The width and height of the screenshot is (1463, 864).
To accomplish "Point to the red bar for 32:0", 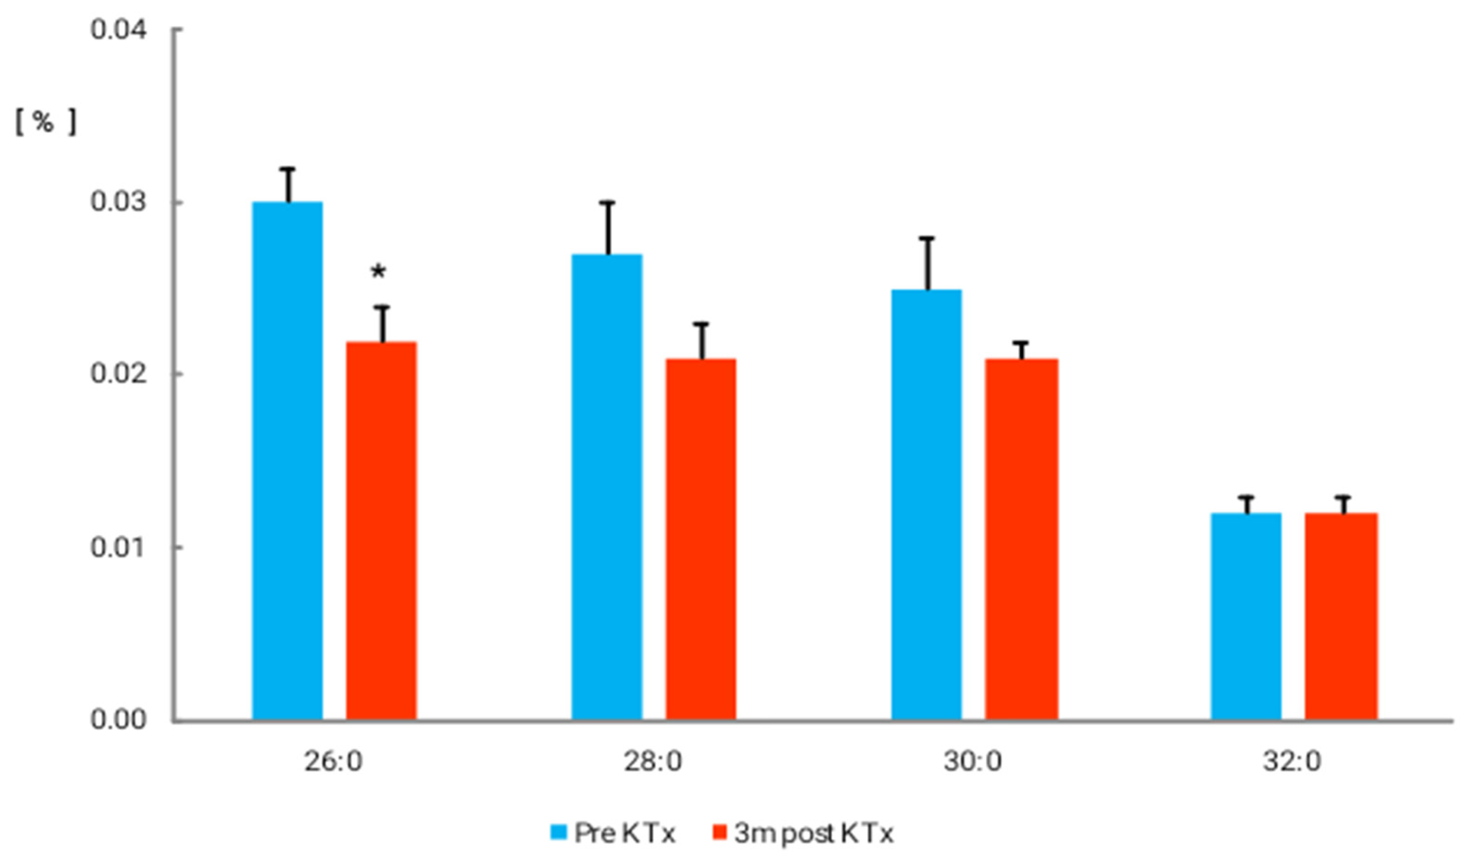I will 1341,616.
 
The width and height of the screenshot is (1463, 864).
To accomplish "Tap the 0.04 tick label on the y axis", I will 118,29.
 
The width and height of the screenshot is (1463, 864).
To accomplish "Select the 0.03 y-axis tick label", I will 118,202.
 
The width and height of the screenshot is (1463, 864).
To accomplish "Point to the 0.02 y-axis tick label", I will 118,374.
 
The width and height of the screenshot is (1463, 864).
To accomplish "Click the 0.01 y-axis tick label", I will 118,547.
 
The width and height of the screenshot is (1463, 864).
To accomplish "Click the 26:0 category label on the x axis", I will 333,762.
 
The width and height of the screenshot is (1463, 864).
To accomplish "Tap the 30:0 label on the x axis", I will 973,762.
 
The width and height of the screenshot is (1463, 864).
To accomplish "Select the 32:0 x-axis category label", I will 1293,762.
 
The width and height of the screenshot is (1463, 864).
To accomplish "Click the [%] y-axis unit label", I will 45,122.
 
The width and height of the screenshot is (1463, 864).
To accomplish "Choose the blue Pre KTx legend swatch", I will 559,832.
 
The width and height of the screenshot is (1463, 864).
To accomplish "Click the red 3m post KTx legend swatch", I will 720,832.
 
